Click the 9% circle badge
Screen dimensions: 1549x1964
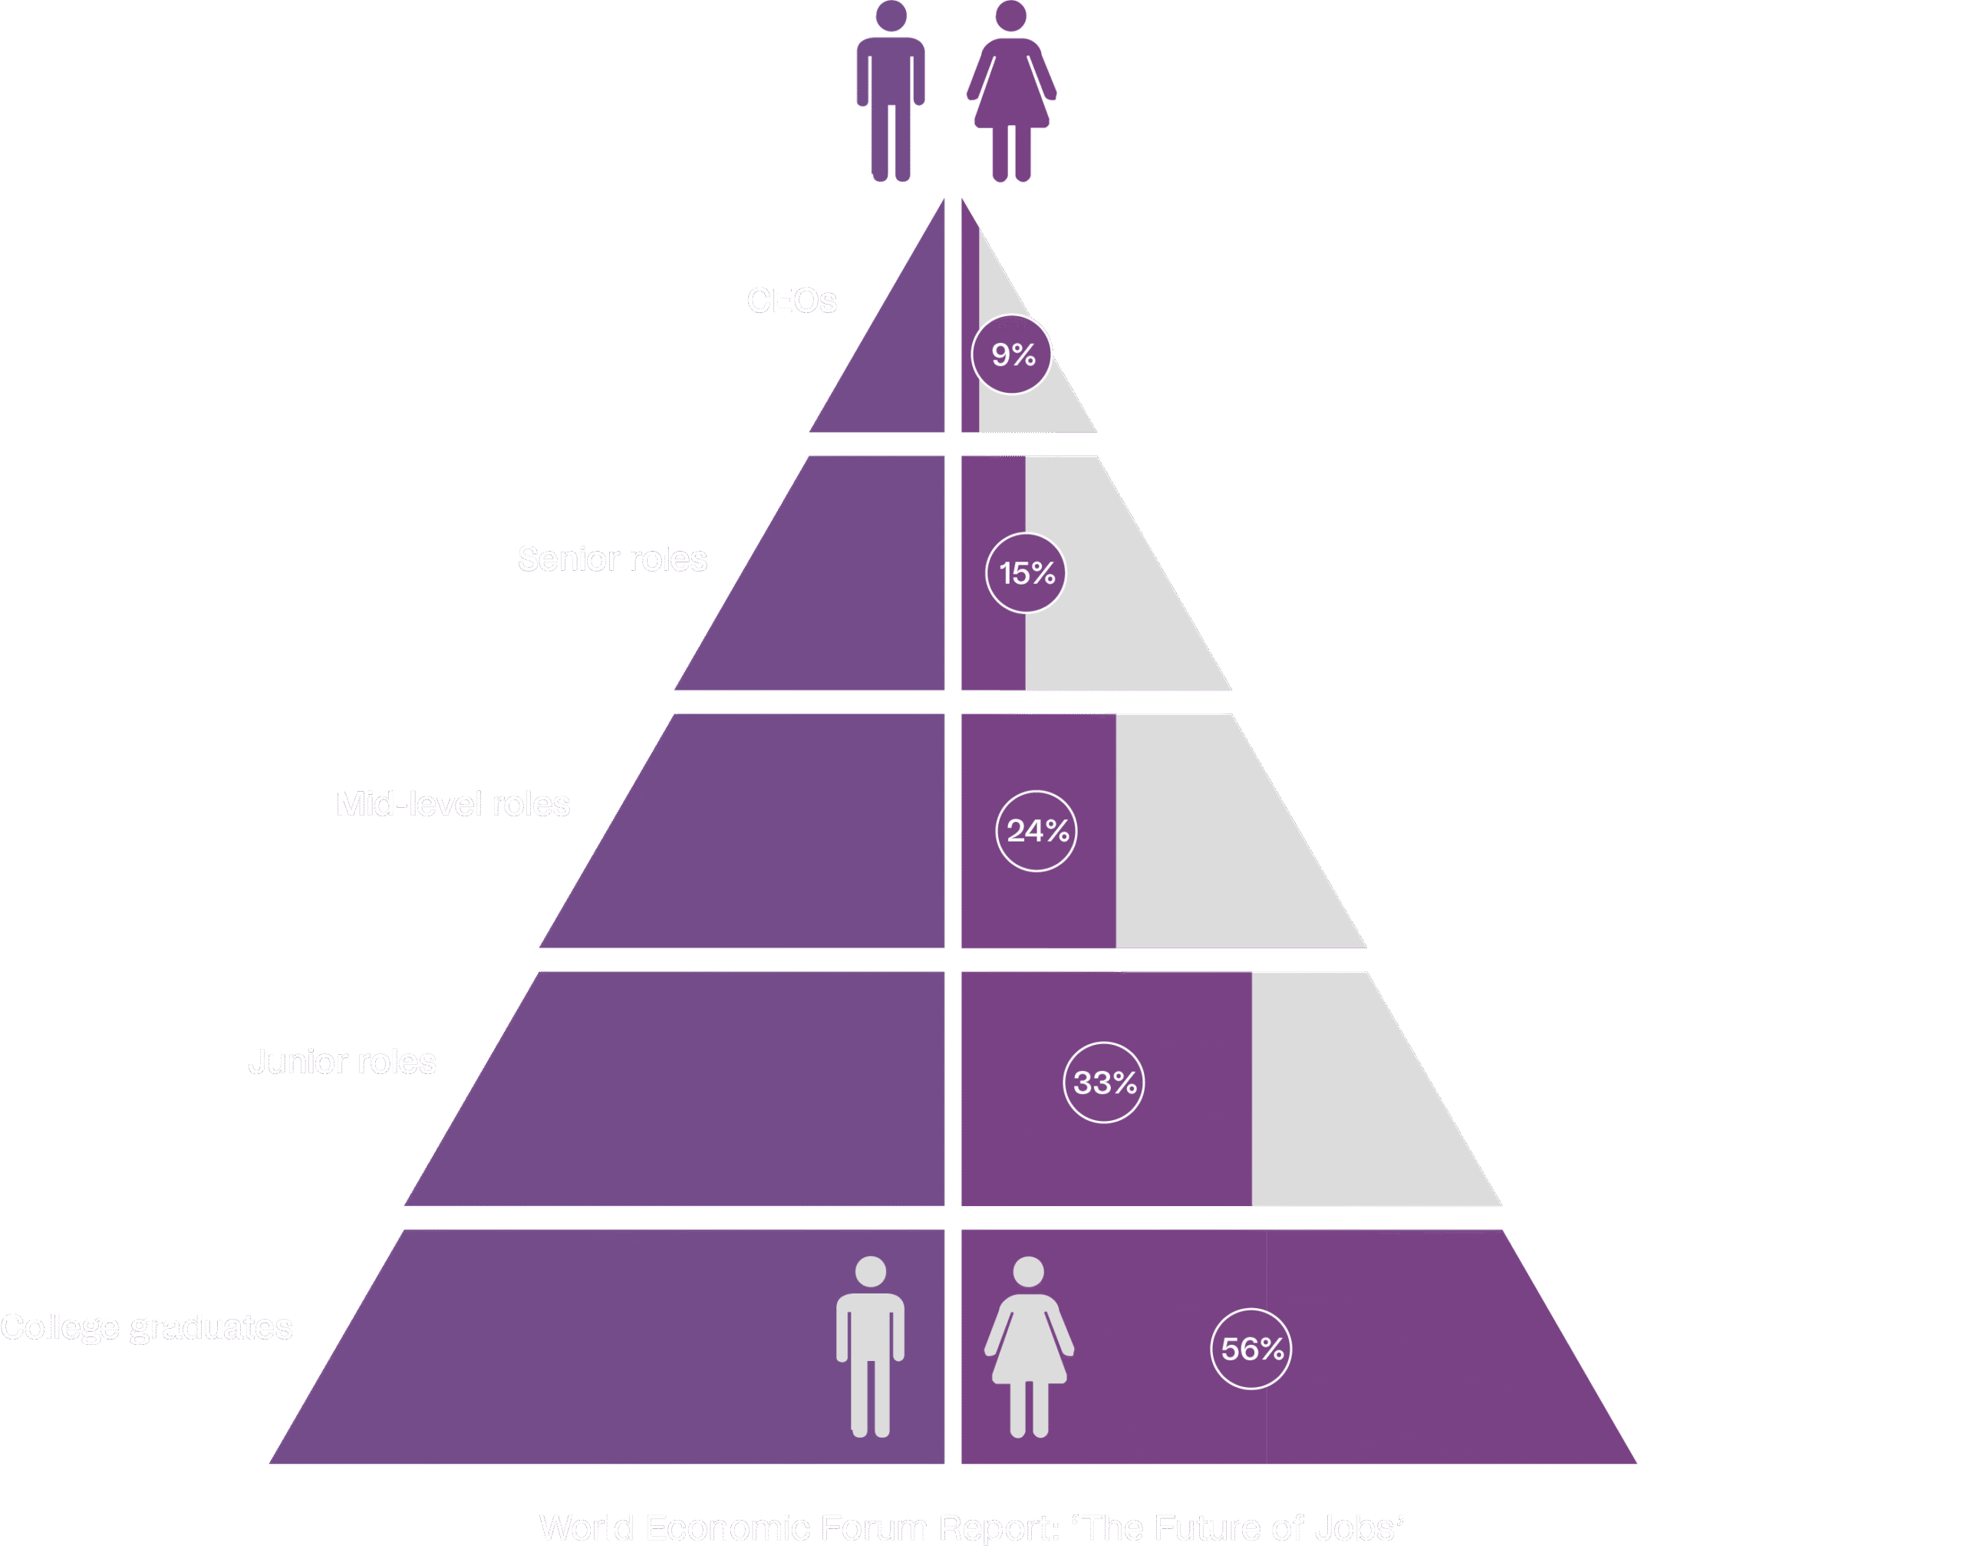coord(1012,354)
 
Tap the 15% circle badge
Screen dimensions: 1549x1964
coord(1026,573)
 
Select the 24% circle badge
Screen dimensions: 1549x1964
coord(1036,831)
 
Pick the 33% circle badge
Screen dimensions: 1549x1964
coord(1103,1082)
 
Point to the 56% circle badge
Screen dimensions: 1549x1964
coord(1251,1349)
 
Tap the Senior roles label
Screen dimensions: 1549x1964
coord(612,559)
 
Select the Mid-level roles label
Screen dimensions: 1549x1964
coord(453,803)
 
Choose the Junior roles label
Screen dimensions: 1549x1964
coord(342,1061)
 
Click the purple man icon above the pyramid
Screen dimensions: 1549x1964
coord(891,91)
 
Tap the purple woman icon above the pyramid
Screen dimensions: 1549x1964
coord(1011,91)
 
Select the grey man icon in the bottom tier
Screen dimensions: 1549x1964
coord(871,1346)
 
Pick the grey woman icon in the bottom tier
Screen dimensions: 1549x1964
coord(1029,1346)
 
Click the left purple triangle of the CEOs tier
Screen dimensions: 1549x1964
coord(898,363)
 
